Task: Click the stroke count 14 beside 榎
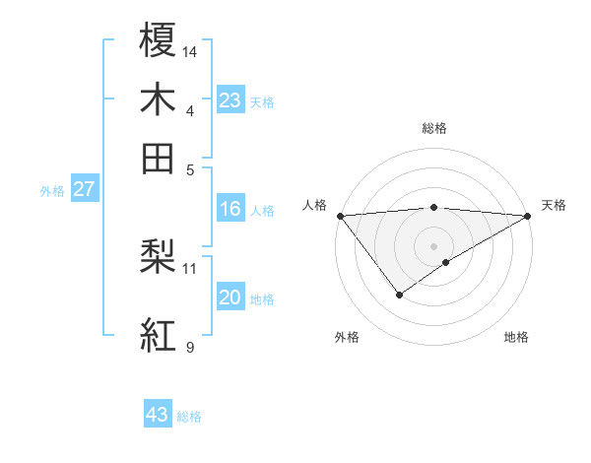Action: click(x=190, y=50)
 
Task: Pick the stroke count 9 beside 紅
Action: click(x=190, y=346)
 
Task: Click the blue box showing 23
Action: click(x=230, y=99)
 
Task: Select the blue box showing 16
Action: click(x=230, y=209)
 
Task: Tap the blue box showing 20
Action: click(x=230, y=298)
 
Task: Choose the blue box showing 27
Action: click(x=84, y=189)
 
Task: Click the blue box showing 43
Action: click(x=158, y=415)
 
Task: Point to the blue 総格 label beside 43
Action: click(x=189, y=417)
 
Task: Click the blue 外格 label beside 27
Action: click(x=52, y=191)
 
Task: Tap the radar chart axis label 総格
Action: click(x=434, y=128)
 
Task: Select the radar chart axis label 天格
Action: click(x=555, y=205)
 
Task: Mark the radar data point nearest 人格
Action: click(x=340, y=215)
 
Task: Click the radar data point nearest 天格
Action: click(x=528, y=215)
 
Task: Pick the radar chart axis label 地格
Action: click(x=516, y=337)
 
